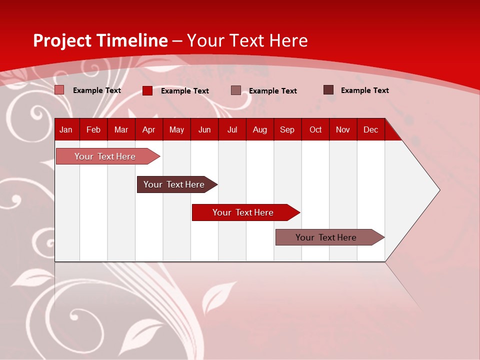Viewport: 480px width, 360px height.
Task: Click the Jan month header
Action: pos(66,129)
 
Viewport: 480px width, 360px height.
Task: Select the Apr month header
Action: pos(148,129)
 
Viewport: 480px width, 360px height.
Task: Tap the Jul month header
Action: pos(232,129)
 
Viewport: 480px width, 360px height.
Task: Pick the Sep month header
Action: pos(287,129)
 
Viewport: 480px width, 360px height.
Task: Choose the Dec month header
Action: pos(370,129)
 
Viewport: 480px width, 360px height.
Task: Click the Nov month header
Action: pos(342,129)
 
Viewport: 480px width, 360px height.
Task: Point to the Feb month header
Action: pos(93,129)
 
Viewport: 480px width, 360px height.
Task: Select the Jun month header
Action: pos(204,129)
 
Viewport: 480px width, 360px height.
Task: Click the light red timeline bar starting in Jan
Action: pos(105,156)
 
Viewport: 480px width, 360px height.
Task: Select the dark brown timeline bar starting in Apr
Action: pos(174,184)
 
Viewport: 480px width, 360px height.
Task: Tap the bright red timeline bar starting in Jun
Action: pos(243,212)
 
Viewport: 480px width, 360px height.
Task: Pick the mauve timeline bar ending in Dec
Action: pos(326,237)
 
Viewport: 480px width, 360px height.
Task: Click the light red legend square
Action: pos(59,90)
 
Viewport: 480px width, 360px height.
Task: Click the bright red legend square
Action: pos(147,90)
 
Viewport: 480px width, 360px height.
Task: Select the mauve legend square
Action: pos(236,90)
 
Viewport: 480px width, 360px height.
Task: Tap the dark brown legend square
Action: pos(328,90)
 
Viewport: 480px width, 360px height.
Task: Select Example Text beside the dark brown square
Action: pos(364,90)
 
